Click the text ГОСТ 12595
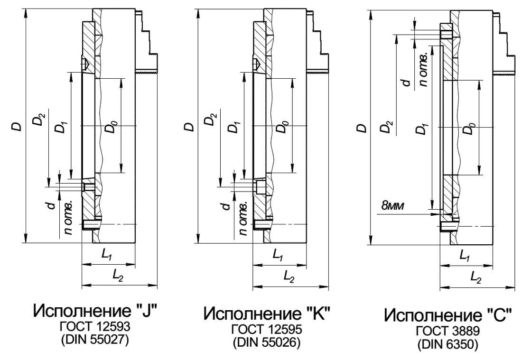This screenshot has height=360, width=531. click(267, 328)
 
